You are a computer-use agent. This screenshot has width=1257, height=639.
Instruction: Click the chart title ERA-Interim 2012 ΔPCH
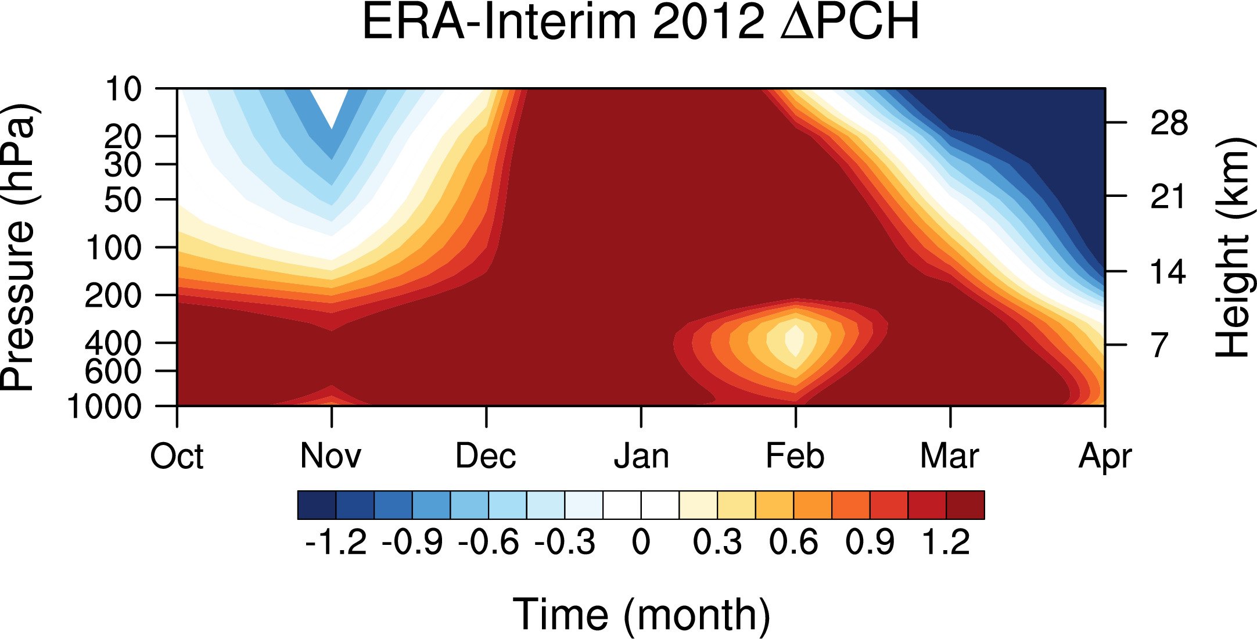pos(641,22)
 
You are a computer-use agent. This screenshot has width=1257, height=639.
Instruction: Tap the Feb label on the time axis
pos(795,456)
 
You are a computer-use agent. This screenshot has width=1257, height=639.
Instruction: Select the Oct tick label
pos(177,456)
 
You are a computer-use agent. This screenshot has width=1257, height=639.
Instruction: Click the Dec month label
pos(486,456)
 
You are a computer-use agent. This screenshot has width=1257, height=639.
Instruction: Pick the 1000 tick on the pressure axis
pos(105,407)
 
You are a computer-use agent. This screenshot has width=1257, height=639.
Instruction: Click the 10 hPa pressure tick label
pos(123,89)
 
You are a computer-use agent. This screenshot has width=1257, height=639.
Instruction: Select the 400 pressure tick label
pos(113,343)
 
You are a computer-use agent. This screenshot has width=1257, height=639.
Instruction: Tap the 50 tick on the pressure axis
pos(123,200)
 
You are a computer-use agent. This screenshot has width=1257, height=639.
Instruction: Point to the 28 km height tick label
pos(1169,123)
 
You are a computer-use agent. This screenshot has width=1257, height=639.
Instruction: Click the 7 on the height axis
pos(1159,345)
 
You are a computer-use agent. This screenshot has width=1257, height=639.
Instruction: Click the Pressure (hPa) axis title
pos(19,247)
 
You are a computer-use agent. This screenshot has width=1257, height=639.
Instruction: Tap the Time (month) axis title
pos(641,615)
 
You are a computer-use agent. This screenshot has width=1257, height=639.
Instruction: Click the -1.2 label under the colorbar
pos(336,543)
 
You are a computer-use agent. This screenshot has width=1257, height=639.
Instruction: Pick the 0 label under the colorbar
pos(641,543)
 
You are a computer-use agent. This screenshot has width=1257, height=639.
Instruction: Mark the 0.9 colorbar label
pos(870,543)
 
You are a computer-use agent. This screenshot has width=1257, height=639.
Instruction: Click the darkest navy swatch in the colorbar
pos(317,505)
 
